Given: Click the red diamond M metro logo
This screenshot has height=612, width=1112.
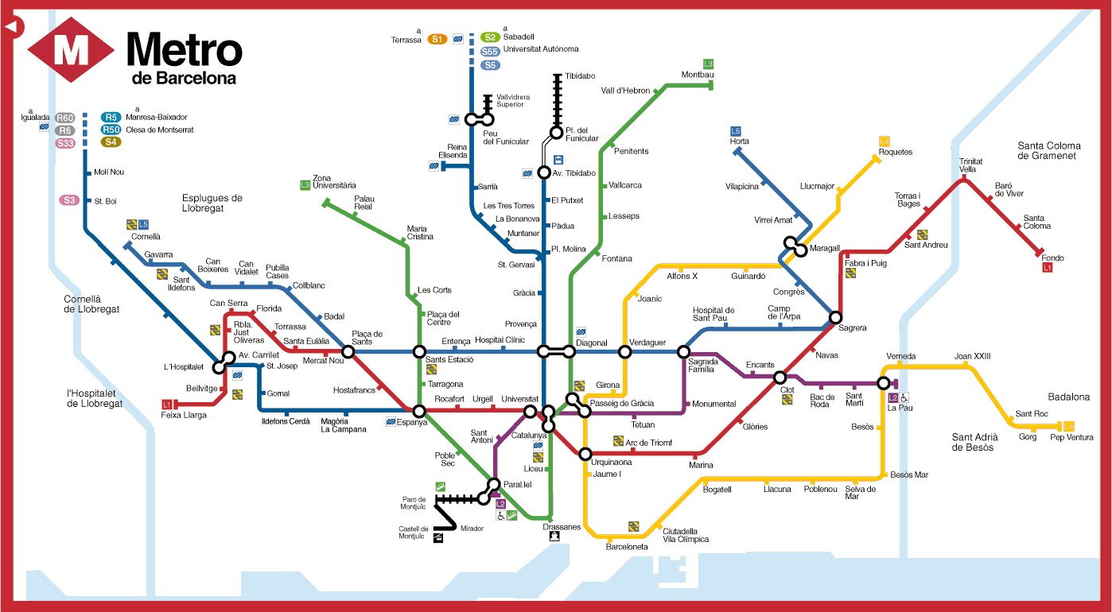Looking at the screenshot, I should coord(71,51).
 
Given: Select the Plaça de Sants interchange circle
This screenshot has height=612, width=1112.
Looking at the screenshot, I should coord(348,351).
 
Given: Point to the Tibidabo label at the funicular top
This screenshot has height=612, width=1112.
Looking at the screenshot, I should coord(579,76).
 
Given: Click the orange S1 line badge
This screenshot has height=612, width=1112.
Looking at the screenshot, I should coord(437,39).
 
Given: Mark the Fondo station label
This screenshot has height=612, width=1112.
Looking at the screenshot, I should coord(1052,258).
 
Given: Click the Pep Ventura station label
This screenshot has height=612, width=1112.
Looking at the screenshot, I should coord(1071,437).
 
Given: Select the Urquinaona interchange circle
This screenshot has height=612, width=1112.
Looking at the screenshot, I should coord(585,455).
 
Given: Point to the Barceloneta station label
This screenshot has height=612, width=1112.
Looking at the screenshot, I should coord(627,547).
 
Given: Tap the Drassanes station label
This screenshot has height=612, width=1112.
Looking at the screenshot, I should coord(562,527).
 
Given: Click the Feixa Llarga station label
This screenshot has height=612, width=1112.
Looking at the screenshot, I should coord(184,415).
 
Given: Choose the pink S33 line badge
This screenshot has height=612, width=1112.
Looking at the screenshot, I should coord(65,143).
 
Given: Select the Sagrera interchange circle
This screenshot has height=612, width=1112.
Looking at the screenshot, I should coord(835,317).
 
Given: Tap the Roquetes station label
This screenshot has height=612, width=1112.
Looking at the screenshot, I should coord(896,152).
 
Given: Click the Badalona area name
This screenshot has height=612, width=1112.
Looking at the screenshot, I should coord(1068,397).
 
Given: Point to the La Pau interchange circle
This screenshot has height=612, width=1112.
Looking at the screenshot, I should coord(883,383).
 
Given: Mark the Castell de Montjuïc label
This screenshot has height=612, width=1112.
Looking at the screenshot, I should coord(414,533).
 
